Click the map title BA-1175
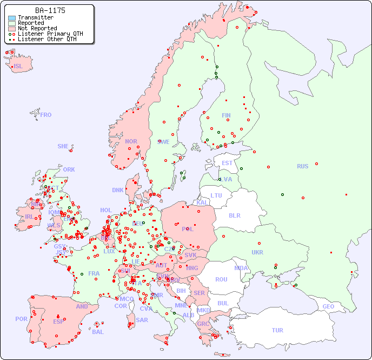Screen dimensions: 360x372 pyautogui.click(x=50, y=10)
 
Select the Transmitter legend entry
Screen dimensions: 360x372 pyautogui.click(x=36, y=18)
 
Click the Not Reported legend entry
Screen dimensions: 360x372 pyautogui.click(x=37, y=29)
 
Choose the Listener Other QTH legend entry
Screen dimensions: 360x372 pyautogui.click(x=47, y=39)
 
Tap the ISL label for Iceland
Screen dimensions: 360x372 pyautogui.click(x=18, y=67)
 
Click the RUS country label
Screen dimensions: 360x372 pyautogui.click(x=302, y=166)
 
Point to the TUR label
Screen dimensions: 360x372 pyautogui.click(x=277, y=330)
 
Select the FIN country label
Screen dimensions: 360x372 pyautogui.click(x=226, y=115)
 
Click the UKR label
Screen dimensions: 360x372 pyautogui.click(x=257, y=252)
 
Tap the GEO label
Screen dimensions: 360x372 pyautogui.click(x=328, y=306)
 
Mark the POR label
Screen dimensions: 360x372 pyautogui.click(x=21, y=319)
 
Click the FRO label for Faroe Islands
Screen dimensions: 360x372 pyautogui.click(x=46, y=115)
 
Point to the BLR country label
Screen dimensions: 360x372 pyautogui.click(x=234, y=215)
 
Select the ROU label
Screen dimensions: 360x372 pyautogui.click(x=221, y=279)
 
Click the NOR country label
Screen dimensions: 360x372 pyautogui.click(x=131, y=141)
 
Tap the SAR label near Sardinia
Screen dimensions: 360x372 pyautogui.click(x=142, y=320)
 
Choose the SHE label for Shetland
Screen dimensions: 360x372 pyautogui.click(x=63, y=146)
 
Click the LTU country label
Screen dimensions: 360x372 pyautogui.click(x=216, y=195)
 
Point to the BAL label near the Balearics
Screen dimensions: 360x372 pyautogui.click(x=98, y=332)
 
